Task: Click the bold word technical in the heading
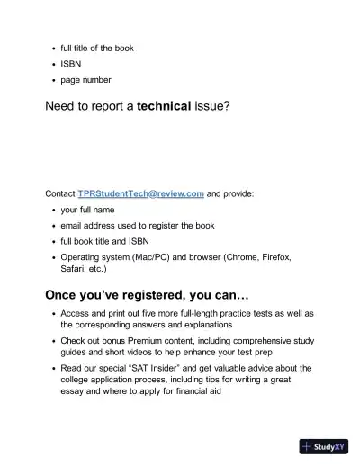click(163, 106)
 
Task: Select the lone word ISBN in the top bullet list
click(72, 64)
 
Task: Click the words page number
click(85, 80)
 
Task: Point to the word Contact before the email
click(60, 193)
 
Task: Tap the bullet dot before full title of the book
click(53, 48)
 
